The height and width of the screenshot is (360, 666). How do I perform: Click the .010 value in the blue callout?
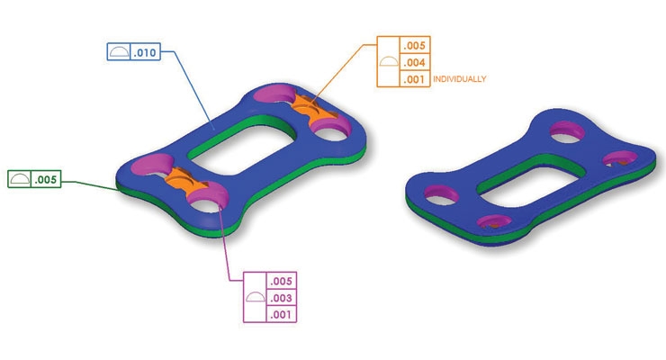click(146, 54)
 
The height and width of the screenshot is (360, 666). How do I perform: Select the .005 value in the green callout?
click(46, 180)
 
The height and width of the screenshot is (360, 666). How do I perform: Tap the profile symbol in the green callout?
click(18, 180)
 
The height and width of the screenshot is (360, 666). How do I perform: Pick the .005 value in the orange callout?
click(415, 45)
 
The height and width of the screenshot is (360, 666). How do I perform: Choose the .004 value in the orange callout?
click(415, 62)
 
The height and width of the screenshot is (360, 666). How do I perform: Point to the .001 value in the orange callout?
click(415, 79)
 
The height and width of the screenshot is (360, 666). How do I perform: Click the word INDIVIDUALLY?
click(460, 79)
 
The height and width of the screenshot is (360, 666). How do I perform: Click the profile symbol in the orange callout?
click(388, 62)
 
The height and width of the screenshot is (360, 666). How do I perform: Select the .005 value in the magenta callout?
click(283, 281)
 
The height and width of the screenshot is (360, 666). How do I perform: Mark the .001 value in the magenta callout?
click(283, 314)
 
